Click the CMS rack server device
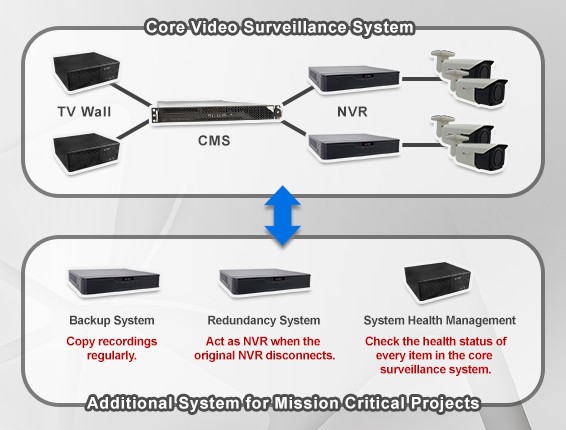tap(216, 113)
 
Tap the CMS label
tap(214, 140)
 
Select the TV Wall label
tap(84, 112)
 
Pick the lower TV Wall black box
tap(86, 153)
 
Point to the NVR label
tap(352, 112)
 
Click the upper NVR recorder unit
tap(354, 79)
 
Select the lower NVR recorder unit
tap(354, 147)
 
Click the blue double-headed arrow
tap(283, 216)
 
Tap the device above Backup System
tap(114, 283)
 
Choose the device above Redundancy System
tap(265, 283)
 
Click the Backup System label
tap(112, 320)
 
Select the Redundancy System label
tap(264, 320)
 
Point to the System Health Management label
tap(440, 320)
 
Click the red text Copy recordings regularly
tap(112, 348)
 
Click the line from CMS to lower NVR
tap(295, 129)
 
